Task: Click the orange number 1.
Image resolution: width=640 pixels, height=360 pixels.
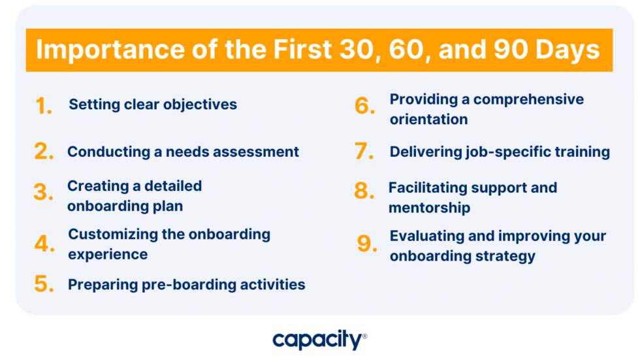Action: pos(43,106)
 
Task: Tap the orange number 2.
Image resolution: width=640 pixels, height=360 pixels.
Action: pos(44,152)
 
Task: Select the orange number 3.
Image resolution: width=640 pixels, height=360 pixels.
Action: pos(43,193)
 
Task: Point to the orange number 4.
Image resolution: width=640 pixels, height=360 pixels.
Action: pos(44,244)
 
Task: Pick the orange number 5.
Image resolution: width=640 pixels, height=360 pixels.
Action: pos(44,285)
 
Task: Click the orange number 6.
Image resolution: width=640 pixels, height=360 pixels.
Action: pos(364,106)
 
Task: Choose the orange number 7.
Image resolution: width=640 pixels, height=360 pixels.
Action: pos(364,152)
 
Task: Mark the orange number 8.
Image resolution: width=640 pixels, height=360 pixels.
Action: pos(364,191)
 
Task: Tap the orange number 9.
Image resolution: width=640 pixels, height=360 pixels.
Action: pos(367,244)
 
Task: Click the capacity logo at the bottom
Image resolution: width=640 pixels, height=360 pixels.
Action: pos(319,340)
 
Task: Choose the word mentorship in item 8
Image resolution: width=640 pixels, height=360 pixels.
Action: pos(429,208)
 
